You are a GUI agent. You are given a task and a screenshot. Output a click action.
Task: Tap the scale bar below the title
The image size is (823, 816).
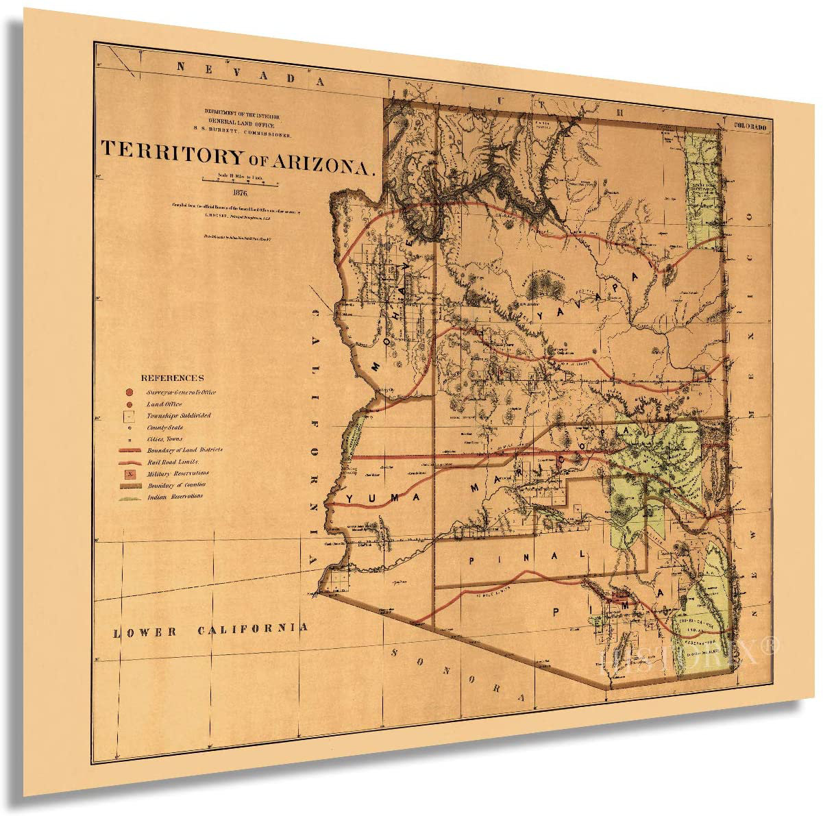(x=239, y=182)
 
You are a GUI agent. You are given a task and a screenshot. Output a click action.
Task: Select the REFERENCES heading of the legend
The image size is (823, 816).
(x=172, y=378)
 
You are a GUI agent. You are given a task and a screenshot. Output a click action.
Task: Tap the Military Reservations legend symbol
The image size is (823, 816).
(x=130, y=473)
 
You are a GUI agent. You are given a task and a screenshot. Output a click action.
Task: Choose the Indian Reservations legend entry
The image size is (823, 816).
(x=174, y=497)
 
